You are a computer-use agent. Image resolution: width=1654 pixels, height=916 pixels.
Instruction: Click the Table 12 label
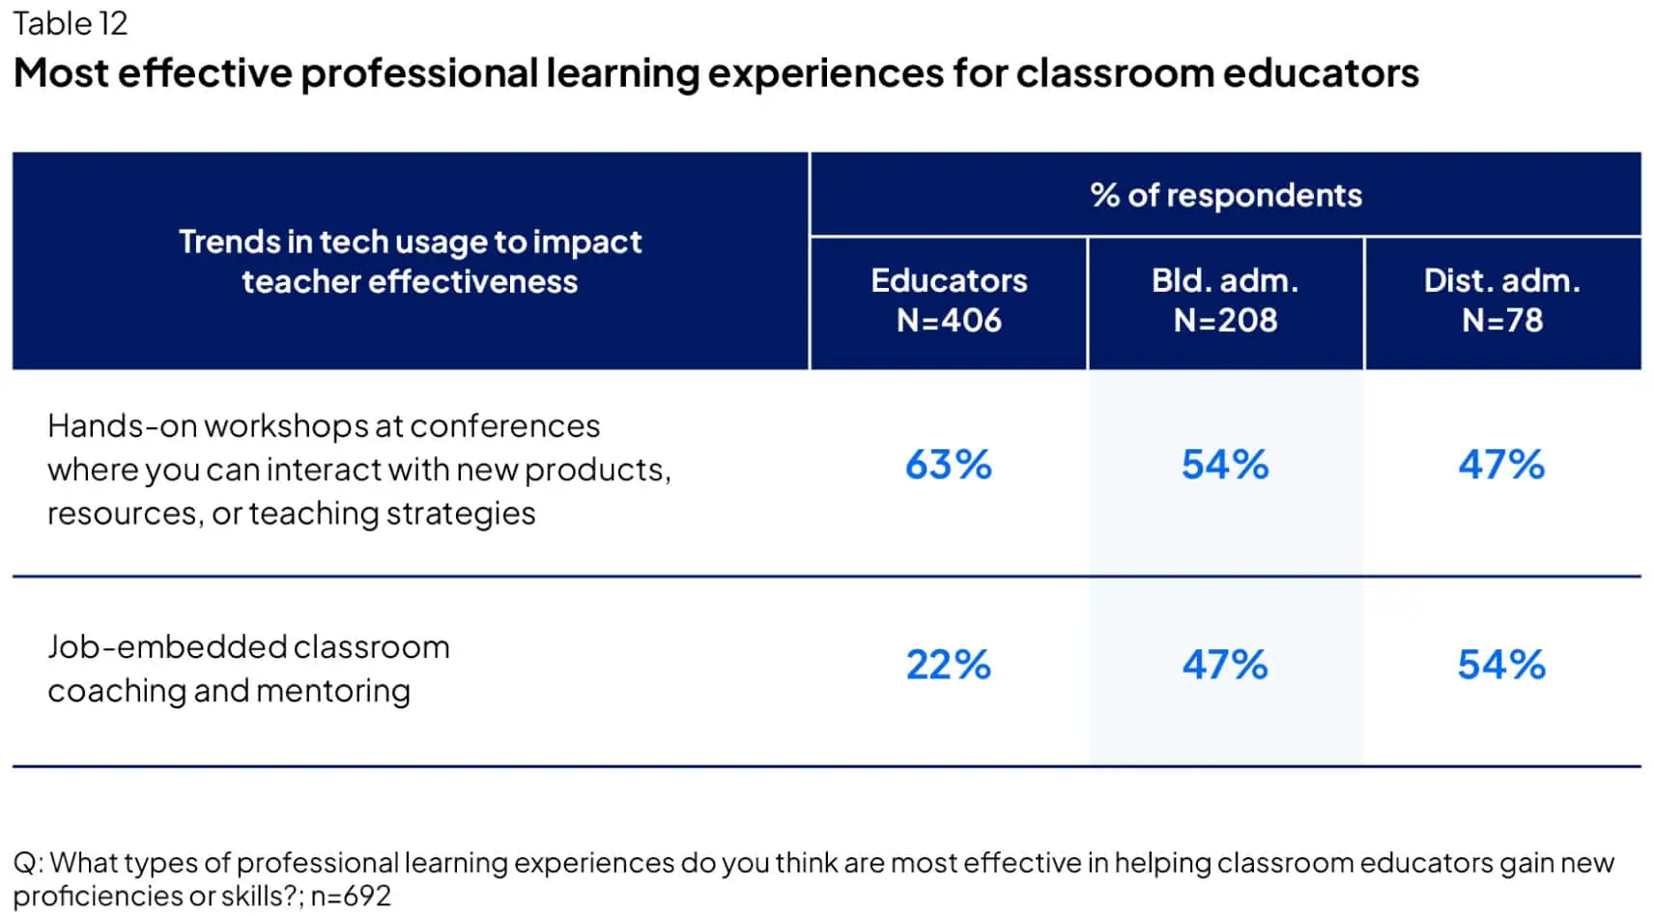[x=70, y=23]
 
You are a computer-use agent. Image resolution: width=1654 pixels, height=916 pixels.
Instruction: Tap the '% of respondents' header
[x=1225, y=195]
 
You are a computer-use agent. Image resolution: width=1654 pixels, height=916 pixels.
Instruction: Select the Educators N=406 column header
[x=948, y=301]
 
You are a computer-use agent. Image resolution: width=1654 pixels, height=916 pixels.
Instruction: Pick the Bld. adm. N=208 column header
[x=1225, y=301]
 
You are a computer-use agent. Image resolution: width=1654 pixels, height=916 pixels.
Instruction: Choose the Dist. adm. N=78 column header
[x=1501, y=301]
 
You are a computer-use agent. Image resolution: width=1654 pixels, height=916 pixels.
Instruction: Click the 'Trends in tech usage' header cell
[x=410, y=261]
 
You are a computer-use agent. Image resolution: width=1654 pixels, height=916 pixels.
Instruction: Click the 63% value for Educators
[x=948, y=465]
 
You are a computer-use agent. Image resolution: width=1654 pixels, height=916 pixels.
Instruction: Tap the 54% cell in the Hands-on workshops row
[x=1225, y=465]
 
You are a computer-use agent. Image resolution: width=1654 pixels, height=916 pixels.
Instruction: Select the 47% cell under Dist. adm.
[x=1501, y=465]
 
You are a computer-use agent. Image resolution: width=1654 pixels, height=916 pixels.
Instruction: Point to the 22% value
[x=948, y=665]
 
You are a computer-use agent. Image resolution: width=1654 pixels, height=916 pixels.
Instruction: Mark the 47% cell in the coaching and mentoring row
[x=1225, y=665]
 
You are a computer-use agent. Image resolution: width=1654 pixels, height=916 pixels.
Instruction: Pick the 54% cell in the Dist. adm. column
[x=1501, y=665]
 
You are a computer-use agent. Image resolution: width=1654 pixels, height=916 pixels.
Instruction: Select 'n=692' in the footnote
[x=351, y=896]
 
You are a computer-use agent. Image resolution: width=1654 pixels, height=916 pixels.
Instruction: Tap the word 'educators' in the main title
[x=1320, y=73]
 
